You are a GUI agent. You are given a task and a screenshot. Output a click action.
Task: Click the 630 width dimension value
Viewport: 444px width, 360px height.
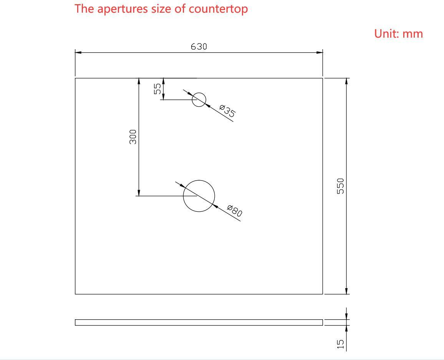[199, 46]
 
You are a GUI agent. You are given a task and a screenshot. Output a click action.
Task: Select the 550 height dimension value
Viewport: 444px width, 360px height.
[340, 186]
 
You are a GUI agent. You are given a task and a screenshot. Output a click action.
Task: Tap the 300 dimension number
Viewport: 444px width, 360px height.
[133, 137]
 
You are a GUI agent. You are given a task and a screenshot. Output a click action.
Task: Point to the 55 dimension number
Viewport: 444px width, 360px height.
[157, 89]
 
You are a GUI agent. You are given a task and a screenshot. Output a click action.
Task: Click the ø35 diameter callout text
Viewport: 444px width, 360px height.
[227, 111]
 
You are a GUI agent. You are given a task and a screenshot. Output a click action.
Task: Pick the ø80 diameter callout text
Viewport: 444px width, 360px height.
[235, 211]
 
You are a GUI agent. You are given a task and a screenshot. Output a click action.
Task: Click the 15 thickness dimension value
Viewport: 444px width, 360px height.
[340, 344]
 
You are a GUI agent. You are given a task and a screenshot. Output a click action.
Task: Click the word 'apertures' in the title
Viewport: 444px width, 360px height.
[123, 9]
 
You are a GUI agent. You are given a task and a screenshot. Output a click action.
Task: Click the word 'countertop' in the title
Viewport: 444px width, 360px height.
[218, 9]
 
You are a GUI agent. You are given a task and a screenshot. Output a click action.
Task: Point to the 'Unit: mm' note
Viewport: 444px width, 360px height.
[398, 34]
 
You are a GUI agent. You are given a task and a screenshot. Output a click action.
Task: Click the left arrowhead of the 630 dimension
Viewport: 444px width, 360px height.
[78, 52]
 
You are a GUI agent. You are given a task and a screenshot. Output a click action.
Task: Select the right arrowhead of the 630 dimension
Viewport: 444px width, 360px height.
[320, 52]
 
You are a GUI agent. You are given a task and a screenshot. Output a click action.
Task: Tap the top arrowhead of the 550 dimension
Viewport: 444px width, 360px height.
[346, 81]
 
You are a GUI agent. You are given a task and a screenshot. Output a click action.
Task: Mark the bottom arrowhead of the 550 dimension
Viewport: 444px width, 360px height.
[346, 290]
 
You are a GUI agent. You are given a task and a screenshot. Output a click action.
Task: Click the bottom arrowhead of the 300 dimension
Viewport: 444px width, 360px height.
[139, 192]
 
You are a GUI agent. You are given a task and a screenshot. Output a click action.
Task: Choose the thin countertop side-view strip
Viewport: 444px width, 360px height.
[199, 322]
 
